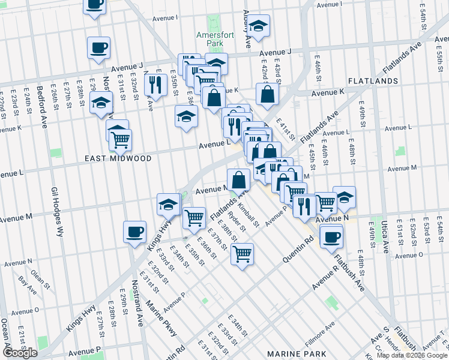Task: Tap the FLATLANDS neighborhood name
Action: [373, 80]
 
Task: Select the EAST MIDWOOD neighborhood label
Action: [118, 158]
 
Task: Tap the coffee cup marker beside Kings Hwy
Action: [134, 232]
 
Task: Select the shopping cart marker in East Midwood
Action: [120, 140]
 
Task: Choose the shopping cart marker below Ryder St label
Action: [242, 253]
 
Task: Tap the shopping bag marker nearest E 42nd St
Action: [267, 94]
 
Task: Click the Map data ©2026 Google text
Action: [412, 355]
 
